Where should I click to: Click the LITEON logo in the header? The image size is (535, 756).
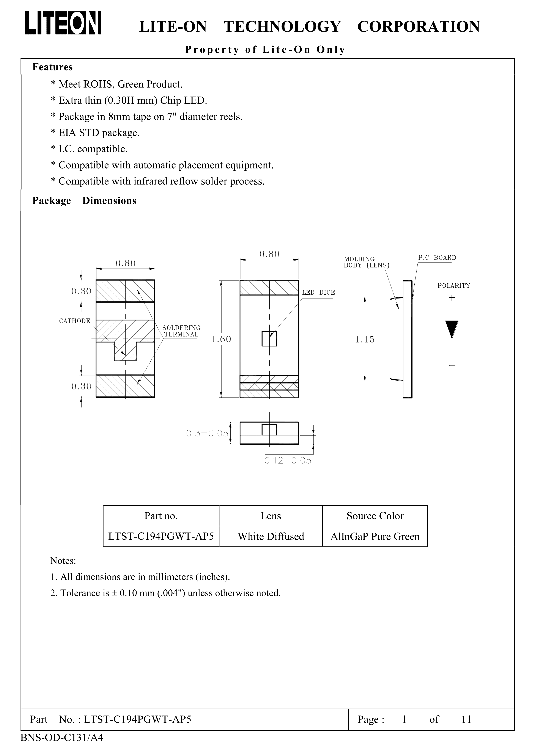[63, 23]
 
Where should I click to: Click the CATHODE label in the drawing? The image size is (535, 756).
[74, 321]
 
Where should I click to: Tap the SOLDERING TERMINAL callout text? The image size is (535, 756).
[181, 331]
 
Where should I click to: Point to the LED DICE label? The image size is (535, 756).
[318, 293]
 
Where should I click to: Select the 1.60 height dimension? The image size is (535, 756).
[221, 339]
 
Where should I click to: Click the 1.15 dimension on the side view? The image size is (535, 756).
[365, 339]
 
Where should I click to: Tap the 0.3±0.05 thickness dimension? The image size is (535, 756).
[207, 433]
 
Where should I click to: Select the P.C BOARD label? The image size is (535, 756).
[437, 258]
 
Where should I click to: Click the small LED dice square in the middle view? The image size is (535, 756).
[269, 339]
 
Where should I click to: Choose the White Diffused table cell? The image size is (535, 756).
[271, 536]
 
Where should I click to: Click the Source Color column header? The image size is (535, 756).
[375, 516]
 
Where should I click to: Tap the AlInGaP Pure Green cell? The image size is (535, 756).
[375, 536]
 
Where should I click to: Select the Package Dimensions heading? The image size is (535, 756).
[84, 201]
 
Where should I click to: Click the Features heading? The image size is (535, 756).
[52, 67]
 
